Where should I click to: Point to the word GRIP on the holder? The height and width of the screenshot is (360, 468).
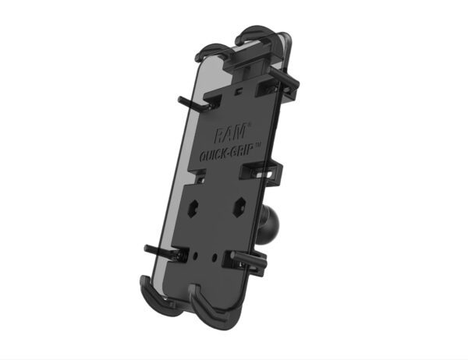[x=243, y=149]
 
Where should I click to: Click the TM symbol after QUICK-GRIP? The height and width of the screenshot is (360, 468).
[x=258, y=144]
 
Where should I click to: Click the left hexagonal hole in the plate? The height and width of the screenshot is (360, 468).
[x=194, y=207]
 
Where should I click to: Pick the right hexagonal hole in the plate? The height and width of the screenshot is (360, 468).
[x=239, y=206]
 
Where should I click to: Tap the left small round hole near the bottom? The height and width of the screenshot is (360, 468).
[x=196, y=256]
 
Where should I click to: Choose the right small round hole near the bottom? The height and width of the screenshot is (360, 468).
[x=215, y=256]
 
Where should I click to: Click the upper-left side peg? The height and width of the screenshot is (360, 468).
[x=193, y=103]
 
